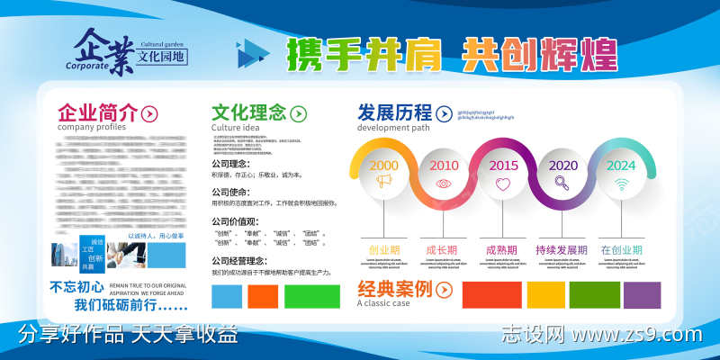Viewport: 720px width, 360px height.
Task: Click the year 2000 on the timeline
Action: click(x=383, y=166)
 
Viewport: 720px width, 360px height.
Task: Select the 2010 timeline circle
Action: click(x=444, y=166)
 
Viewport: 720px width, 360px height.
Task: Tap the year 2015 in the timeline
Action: click(x=503, y=166)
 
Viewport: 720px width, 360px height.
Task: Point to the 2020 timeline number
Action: click(x=563, y=166)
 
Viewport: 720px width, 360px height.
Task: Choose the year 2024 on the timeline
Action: click(x=621, y=166)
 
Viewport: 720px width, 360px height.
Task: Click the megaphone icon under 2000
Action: click(x=384, y=183)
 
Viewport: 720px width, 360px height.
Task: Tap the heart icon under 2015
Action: click(x=503, y=184)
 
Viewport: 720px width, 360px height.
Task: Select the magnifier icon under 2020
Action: click(x=562, y=184)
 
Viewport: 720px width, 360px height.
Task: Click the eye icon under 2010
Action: click(x=444, y=184)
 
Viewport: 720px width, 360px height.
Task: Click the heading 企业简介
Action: click(x=98, y=113)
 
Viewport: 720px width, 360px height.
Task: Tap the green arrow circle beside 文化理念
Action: click(x=299, y=113)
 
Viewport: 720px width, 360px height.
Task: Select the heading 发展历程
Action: click(x=394, y=112)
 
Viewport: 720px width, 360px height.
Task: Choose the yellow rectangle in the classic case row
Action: click(x=544, y=294)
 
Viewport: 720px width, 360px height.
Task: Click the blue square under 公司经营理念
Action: click(x=226, y=295)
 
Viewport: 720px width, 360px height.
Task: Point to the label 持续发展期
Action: click(x=562, y=250)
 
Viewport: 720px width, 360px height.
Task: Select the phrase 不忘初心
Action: click(x=77, y=288)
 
